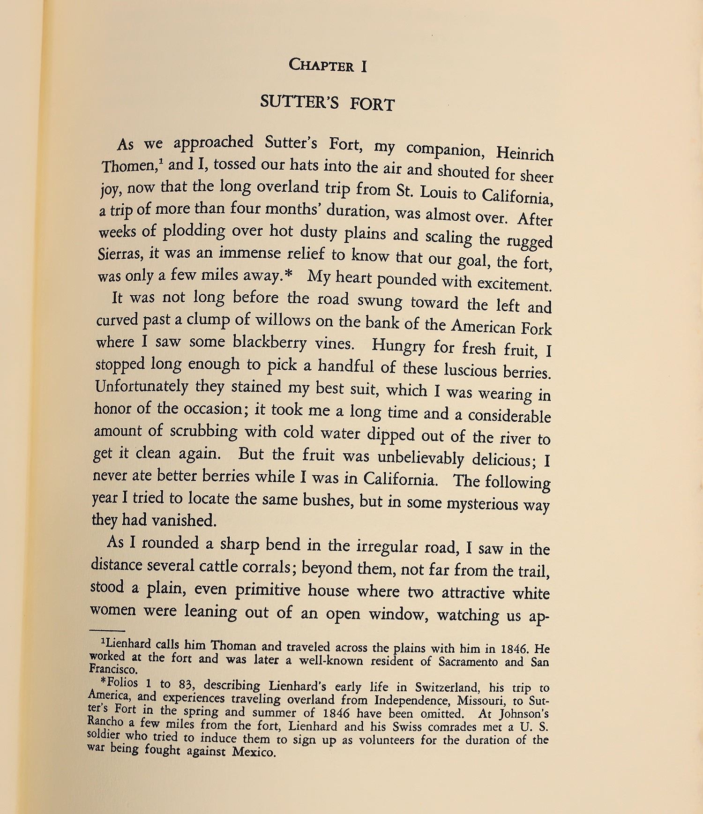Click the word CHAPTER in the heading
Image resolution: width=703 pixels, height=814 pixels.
click(x=321, y=65)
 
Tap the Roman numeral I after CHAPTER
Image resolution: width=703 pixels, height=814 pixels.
click(x=363, y=66)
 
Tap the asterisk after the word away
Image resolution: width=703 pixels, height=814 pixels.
click(x=288, y=275)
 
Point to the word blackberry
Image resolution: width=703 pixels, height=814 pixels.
click(x=269, y=343)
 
